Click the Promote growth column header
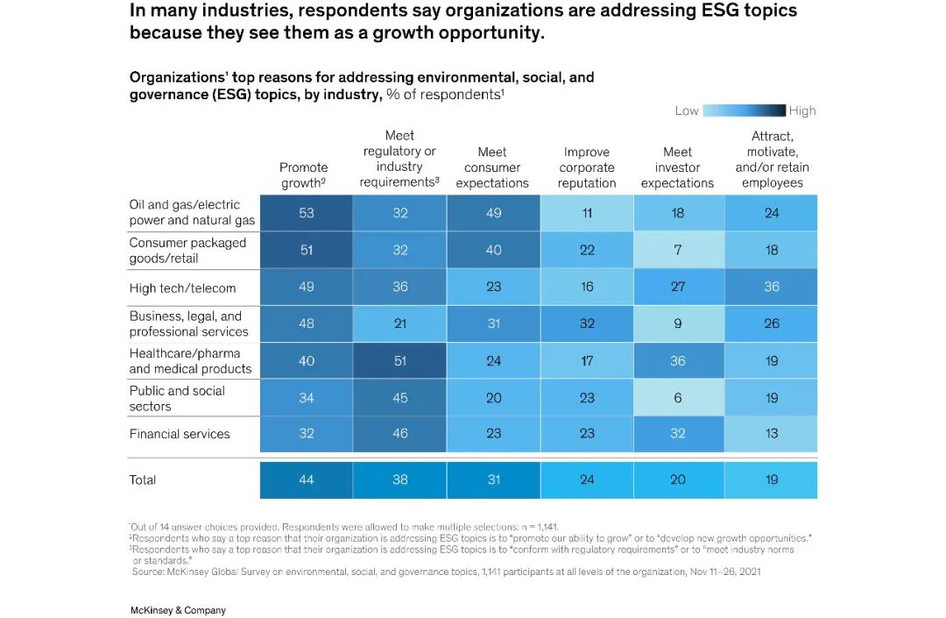pyautogui.click(x=303, y=175)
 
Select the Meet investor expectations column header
pyautogui.click(x=677, y=167)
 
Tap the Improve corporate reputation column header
pyautogui.click(x=587, y=167)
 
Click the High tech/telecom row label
pyautogui.click(x=182, y=288)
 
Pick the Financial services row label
pyautogui.click(x=180, y=434)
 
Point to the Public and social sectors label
pyautogui.click(x=177, y=399)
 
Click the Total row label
pyautogui.click(x=143, y=479)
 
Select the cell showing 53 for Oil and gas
pyautogui.click(x=307, y=213)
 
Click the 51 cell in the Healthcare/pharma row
pyautogui.click(x=399, y=360)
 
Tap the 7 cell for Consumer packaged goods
pyautogui.click(x=677, y=250)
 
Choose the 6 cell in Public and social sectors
pyautogui.click(x=677, y=398)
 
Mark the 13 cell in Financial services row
pyautogui.click(x=771, y=433)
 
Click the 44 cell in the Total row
pyautogui.click(x=307, y=479)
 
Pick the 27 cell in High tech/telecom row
pyautogui.click(x=677, y=287)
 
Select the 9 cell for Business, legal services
pyautogui.click(x=677, y=323)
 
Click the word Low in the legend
pyautogui.click(x=687, y=110)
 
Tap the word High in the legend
pyautogui.click(x=801, y=110)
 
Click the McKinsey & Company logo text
pyautogui.click(x=177, y=610)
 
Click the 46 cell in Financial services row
pyautogui.click(x=399, y=433)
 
